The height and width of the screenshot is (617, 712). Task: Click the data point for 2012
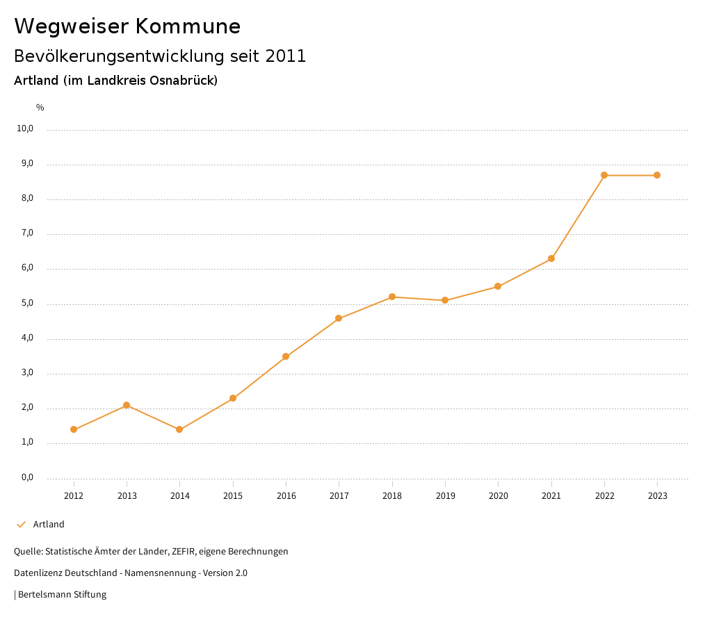point(74,429)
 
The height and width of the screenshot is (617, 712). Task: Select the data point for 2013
point(127,405)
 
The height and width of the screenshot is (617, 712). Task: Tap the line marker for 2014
point(179,429)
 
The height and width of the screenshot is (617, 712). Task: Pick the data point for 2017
point(339,318)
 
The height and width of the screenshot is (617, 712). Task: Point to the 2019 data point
point(445,300)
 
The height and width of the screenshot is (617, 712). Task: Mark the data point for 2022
point(604,175)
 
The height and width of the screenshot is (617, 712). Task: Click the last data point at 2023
point(657,175)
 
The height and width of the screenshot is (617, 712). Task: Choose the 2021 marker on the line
point(551,258)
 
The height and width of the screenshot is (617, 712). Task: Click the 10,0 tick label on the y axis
point(26,129)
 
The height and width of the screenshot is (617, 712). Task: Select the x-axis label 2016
point(286,496)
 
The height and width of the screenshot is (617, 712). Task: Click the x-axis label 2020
point(498,496)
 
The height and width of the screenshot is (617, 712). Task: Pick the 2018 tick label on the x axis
point(392,496)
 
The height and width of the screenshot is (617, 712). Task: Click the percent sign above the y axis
point(40,107)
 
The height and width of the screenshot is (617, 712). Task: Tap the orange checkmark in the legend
point(21,525)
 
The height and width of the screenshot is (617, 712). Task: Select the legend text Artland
point(49,525)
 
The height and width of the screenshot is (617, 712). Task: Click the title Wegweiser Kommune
point(127,26)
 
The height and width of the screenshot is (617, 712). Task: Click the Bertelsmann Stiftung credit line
point(61,595)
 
